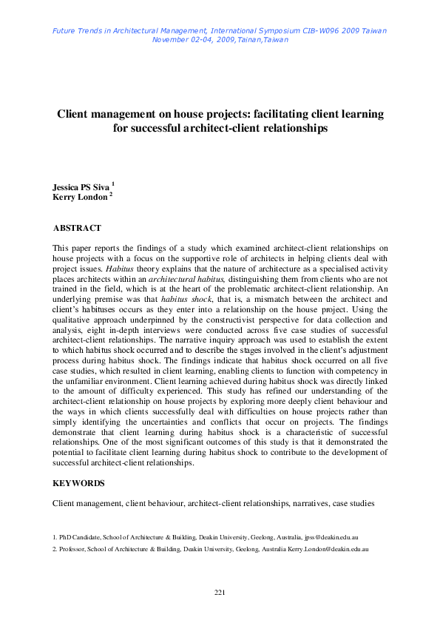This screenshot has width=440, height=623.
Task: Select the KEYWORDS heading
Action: coord(78,483)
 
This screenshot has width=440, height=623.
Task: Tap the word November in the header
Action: coord(171,39)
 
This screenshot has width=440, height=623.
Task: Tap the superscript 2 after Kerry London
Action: coord(111,194)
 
